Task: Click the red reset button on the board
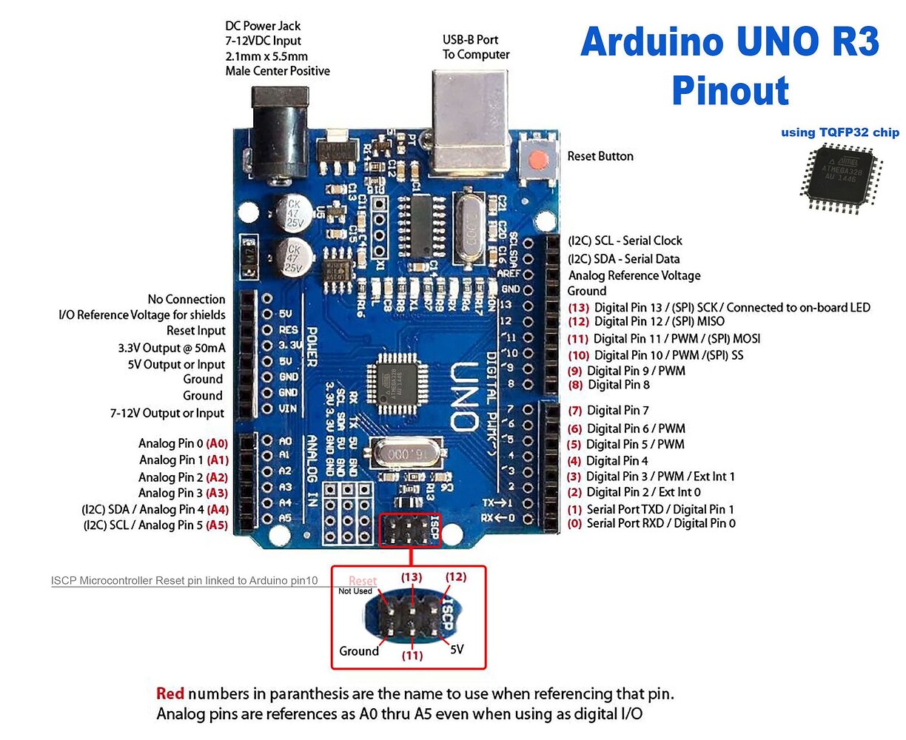(x=538, y=158)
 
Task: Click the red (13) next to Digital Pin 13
(x=578, y=307)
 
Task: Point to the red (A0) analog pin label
(x=217, y=443)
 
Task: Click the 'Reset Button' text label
(x=600, y=156)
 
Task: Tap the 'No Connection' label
(x=187, y=299)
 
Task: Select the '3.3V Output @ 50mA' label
(x=172, y=348)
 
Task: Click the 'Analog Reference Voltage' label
(x=634, y=275)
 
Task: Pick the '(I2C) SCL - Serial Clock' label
(x=625, y=240)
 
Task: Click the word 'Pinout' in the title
(x=730, y=90)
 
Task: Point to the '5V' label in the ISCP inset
(x=457, y=649)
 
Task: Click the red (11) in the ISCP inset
(x=412, y=655)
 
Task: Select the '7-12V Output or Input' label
(x=167, y=413)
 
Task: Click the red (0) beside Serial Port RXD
(x=574, y=523)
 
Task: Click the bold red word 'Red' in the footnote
(x=170, y=693)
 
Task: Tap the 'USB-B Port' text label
(x=471, y=39)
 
